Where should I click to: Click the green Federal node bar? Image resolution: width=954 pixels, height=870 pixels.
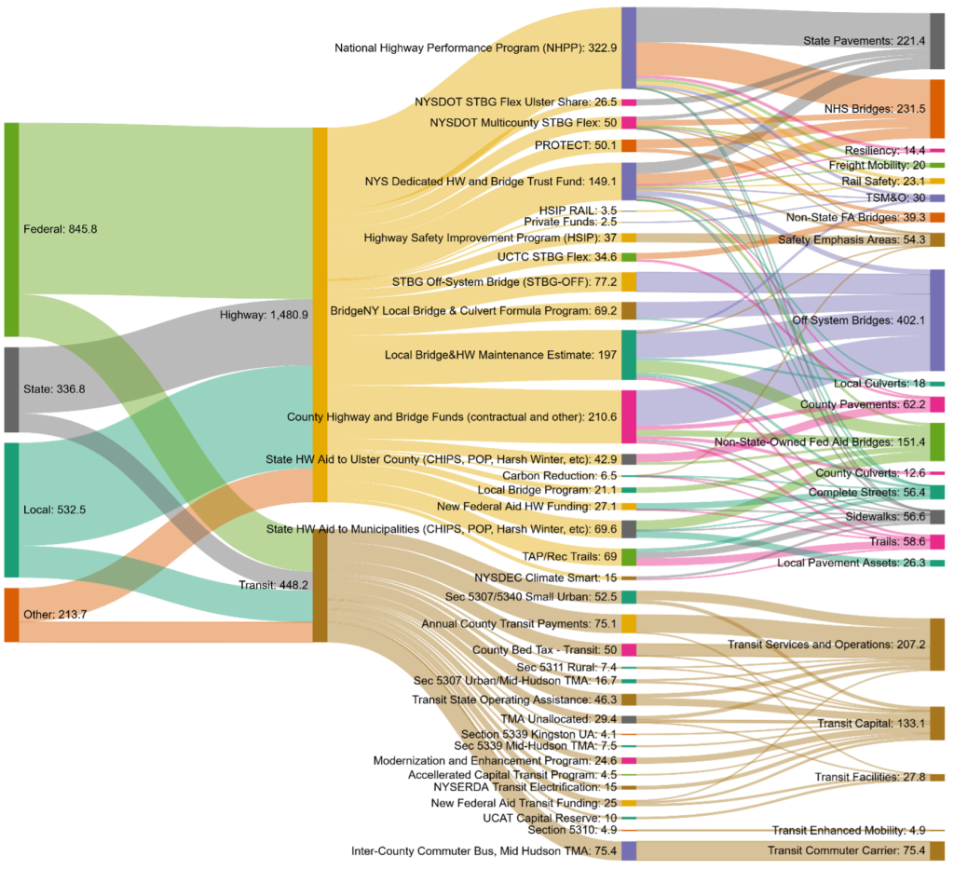tap(11, 229)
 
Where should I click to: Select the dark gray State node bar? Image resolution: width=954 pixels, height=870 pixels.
tap(11, 389)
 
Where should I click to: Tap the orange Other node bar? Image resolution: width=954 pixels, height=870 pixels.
tap(11, 615)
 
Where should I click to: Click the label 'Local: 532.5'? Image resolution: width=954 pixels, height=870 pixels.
tap(61, 510)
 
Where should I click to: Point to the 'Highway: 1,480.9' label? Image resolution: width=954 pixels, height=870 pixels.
tap(264, 316)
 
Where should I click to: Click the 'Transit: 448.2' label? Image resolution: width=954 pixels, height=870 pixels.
tap(274, 586)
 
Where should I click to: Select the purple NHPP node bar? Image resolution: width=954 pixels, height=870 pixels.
tap(629, 48)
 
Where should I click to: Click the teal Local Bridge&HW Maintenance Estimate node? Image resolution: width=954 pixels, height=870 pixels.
tap(629, 355)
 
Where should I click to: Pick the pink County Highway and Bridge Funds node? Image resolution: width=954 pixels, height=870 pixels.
tap(629, 416)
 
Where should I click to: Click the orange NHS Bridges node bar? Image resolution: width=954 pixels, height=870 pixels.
tap(937, 109)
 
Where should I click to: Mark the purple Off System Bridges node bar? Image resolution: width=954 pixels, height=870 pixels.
tap(937, 320)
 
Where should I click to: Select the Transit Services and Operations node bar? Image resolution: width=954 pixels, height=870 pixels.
tap(937, 645)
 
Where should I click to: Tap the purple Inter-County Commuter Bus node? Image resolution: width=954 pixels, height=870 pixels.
tap(629, 850)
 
